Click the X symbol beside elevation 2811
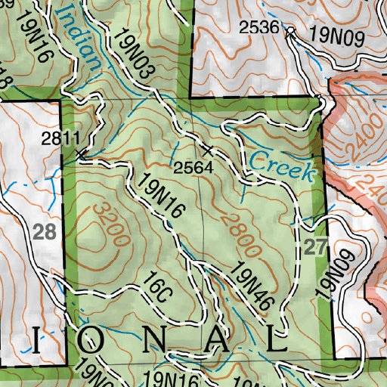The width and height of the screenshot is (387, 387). pos(82,153)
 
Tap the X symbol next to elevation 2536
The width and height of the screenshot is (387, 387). pos(290,33)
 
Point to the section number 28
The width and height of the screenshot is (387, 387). pos(45,232)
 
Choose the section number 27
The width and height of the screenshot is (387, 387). pos(316,247)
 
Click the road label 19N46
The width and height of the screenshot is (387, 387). pos(252,283)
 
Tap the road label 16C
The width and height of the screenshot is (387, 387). pos(156,293)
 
